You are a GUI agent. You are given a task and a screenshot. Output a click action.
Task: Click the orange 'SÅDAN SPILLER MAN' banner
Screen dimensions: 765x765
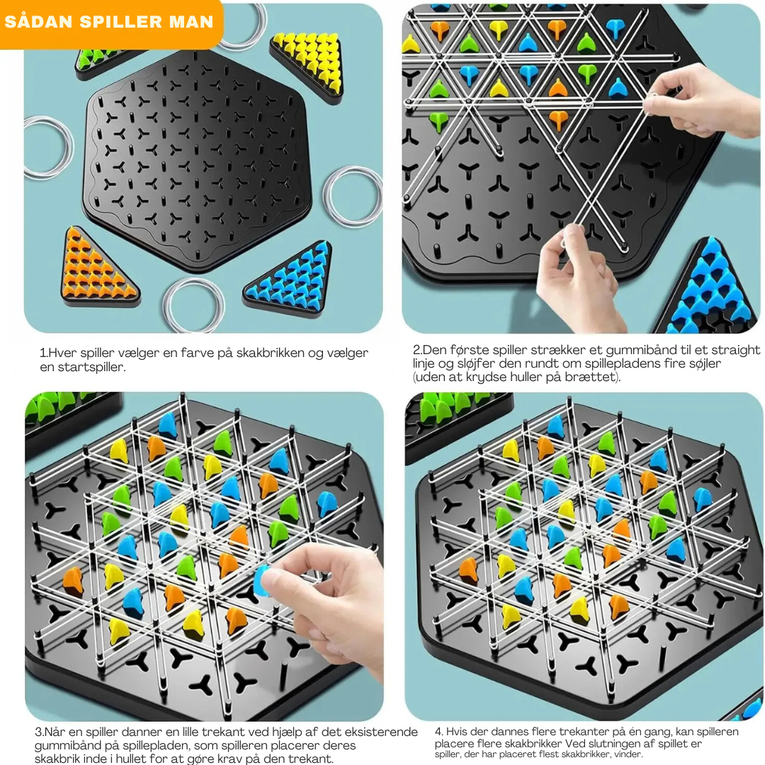click(110, 23)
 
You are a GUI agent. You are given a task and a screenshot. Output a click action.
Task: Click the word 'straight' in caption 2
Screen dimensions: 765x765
click(736, 350)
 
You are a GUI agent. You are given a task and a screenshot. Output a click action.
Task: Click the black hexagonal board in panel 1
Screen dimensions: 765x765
click(197, 160)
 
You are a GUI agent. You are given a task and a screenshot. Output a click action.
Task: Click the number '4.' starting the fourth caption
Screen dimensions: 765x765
click(438, 732)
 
